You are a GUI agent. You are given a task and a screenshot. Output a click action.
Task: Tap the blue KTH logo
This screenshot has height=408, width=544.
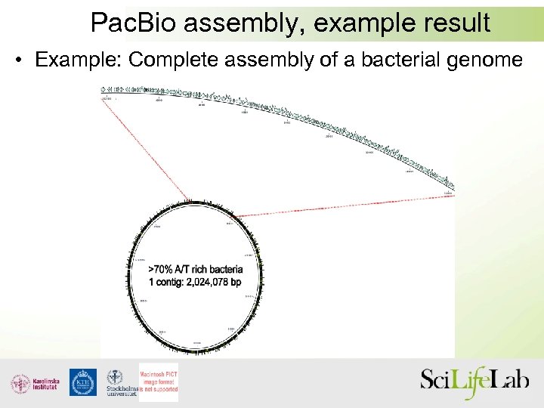(x=82, y=382)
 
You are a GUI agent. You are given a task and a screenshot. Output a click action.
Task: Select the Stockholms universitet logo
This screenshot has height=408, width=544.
(x=119, y=383)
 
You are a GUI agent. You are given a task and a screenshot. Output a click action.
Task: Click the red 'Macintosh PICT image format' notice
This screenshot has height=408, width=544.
(x=159, y=379)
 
